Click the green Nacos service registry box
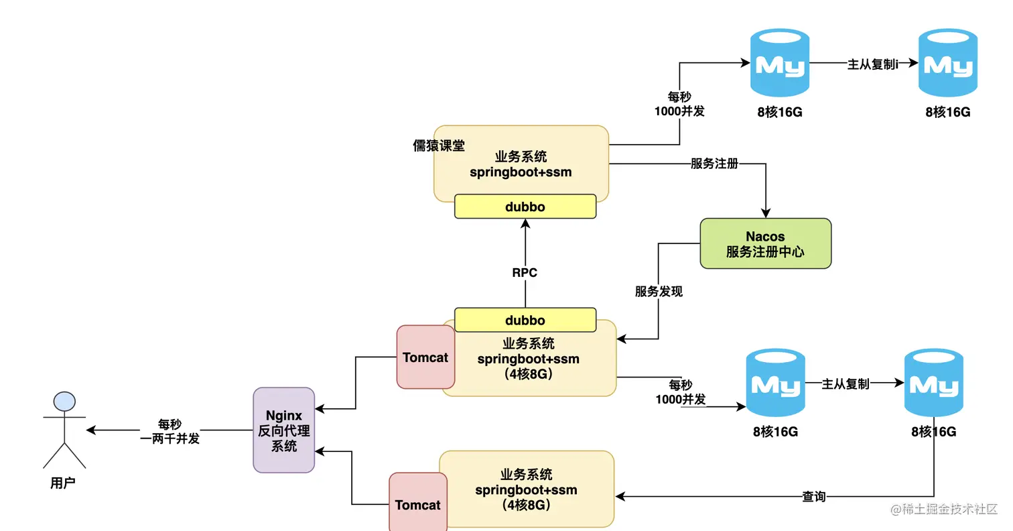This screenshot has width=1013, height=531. tap(765, 243)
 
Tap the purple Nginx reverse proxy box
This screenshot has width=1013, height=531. tap(283, 430)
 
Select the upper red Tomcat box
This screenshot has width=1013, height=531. tap(425, 357)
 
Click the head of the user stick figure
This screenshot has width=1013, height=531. tap(64, 401)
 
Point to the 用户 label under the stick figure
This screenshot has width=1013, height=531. tap(63, 483)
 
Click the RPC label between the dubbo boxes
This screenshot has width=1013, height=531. tap(525, 273)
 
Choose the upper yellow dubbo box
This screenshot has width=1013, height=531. tap(525, 206)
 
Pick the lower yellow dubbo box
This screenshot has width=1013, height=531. tap(525, 320)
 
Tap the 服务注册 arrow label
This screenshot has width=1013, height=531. tap(714, 164)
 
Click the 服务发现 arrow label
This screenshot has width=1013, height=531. tap(659, 292)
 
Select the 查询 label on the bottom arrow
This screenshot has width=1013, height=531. tap(814, 497)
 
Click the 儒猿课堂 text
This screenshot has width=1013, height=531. tap(439, 146)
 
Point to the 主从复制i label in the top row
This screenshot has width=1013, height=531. tap(872, 64)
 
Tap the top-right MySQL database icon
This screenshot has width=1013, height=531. tap(947, 64)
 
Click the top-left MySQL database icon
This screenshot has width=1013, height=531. tap(779, 64)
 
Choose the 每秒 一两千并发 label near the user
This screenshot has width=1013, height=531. tap(170, 431)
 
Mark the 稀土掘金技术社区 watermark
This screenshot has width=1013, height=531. tap(944, 510)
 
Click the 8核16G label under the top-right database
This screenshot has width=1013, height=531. tap(947, 112)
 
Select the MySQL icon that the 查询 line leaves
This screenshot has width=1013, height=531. tap(934, 383)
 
